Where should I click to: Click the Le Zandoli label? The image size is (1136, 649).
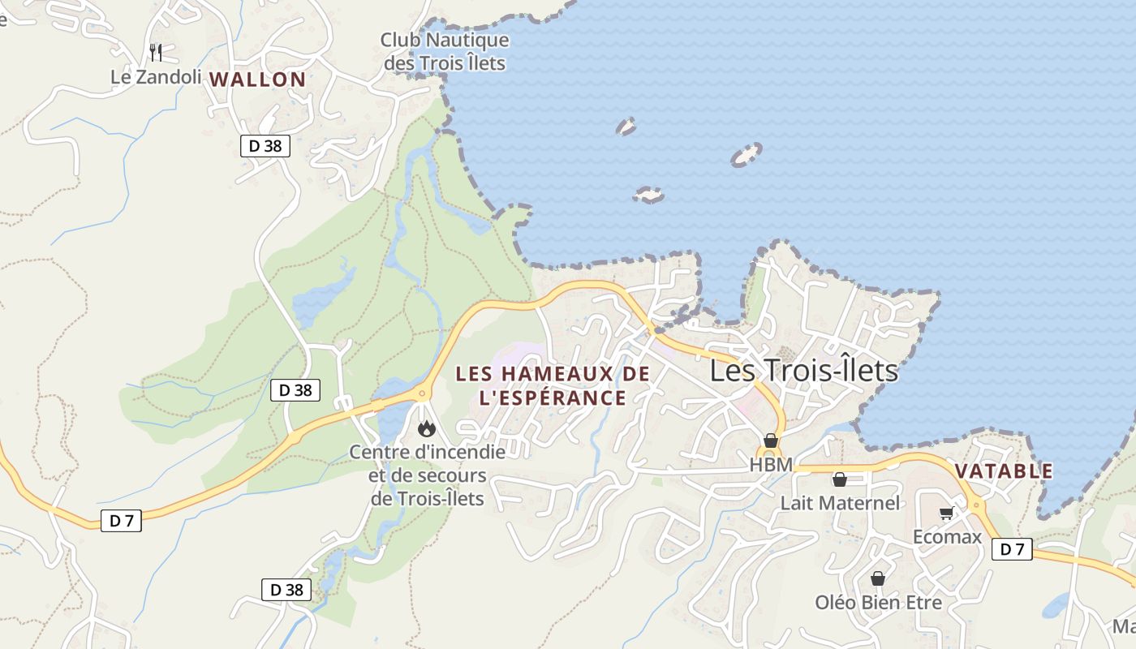[156, 77]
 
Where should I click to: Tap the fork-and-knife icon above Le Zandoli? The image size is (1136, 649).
[156, 53]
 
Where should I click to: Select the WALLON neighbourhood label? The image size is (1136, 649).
[257, 80]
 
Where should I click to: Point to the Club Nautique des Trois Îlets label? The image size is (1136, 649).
[445, 51]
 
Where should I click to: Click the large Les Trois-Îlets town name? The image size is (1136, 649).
[804, 371]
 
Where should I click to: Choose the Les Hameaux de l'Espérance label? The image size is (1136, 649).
[553, 385]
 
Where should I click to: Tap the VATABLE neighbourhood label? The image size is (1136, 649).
[1004, 471]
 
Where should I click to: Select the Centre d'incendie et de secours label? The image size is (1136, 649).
[427, 475]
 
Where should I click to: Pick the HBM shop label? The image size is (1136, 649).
[771, 466]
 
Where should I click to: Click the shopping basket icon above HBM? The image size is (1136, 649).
[771, 441]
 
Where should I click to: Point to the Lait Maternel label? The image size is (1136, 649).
[840, 503]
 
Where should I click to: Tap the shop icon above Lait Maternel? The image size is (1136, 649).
[840, 479]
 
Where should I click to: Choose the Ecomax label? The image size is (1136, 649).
[947, 537]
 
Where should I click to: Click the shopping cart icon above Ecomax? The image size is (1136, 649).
[946, 513]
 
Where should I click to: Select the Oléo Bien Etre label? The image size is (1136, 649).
[878, 603]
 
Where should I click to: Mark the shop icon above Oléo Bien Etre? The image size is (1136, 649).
[877, 578]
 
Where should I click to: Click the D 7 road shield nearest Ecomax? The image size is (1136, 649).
[1012, 549]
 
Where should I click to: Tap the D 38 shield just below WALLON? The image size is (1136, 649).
[265, 146]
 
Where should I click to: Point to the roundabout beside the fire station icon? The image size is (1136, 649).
[422, 394]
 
